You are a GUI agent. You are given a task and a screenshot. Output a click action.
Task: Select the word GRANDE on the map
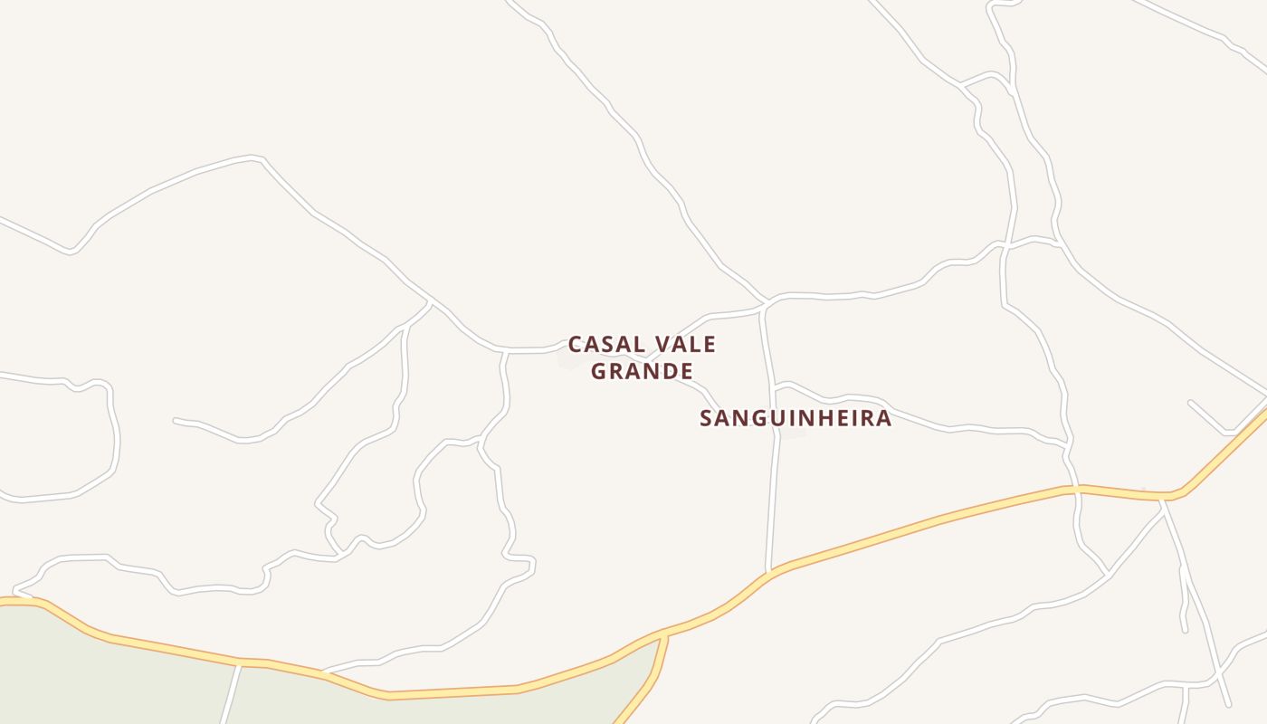point(642,371)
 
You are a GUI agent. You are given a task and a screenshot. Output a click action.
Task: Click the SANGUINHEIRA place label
point(795,418)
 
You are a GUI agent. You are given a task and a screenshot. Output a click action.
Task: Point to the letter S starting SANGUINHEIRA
point(707,418)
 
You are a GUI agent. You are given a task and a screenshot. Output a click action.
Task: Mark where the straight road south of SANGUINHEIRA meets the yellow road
point(768,573)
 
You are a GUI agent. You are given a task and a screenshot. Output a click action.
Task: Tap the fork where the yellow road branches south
point(665,634)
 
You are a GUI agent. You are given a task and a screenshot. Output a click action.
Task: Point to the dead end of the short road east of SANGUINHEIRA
point(1190,402)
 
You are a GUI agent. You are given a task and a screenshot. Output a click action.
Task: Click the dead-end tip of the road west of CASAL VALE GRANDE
point(175,420)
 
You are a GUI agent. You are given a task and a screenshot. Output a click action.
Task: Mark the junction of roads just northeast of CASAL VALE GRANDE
point(766,302)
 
